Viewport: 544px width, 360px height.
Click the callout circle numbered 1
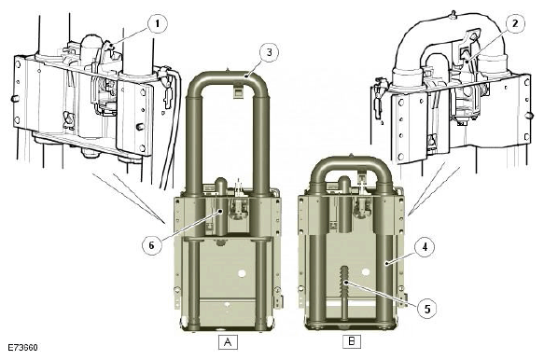[x=158, y=21]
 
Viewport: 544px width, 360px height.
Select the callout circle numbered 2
[x=514, y=21]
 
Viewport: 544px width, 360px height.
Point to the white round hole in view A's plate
[x=242, y=273]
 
